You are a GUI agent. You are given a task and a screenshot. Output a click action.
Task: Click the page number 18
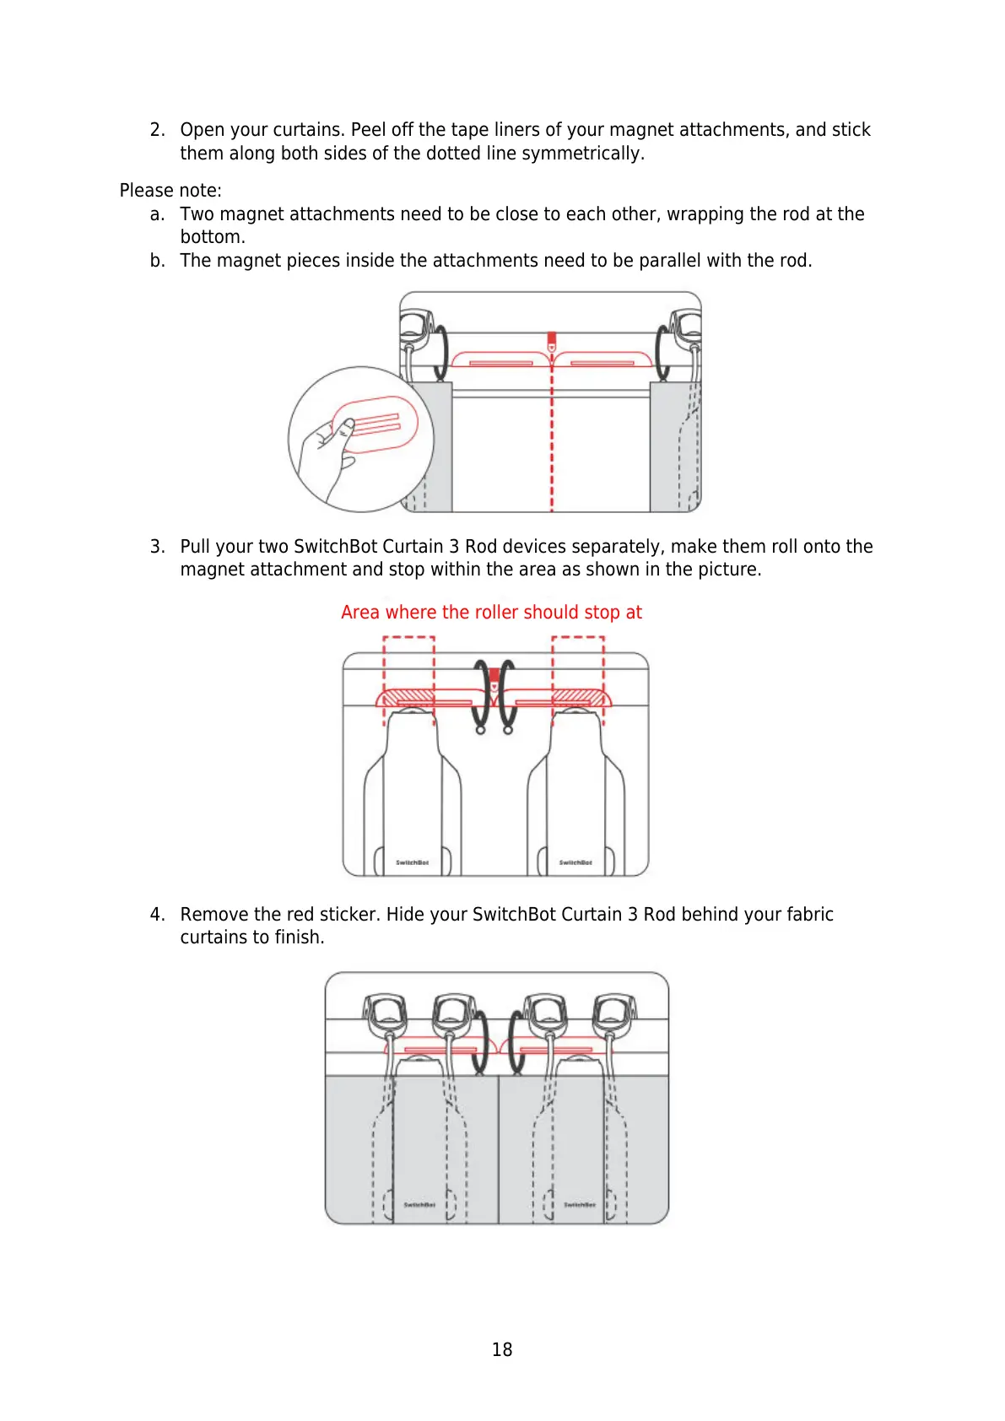tap(502, 1349)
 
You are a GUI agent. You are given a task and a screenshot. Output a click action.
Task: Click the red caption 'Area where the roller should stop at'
tap(491, 613)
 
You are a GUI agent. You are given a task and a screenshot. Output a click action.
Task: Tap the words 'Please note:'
tap(170, 191)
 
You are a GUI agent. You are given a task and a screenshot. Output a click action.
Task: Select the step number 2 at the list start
tap(157, 130)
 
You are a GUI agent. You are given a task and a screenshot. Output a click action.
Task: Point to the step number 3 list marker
tap(157, 547)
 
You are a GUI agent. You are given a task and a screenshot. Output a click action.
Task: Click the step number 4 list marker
tap(157, 915)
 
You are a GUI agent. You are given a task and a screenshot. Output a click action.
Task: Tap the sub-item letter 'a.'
tap(157, 214)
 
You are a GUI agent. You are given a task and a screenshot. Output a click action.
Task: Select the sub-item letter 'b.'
tap(157, 261)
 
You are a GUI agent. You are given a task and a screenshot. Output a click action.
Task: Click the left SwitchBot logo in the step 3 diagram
tap(413, 862)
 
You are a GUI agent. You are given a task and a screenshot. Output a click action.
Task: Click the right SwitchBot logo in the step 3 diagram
tap(575, 862)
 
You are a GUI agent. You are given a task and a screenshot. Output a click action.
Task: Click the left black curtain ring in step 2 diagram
tap(440, 350)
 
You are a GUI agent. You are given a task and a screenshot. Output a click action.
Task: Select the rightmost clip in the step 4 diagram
tap(613, 1013)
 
